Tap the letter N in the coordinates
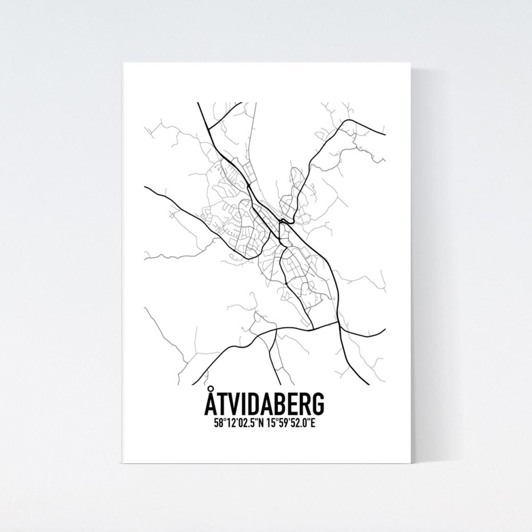[261, 424]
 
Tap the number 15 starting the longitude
[270, 424]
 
